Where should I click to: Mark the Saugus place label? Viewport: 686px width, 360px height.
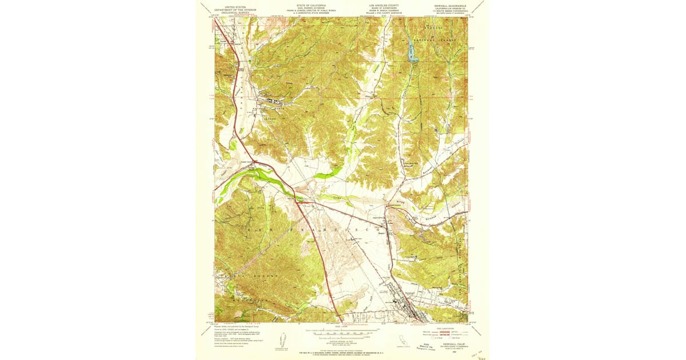(x=381, y=233)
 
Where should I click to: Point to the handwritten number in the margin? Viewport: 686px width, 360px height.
(x=481, y=357)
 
